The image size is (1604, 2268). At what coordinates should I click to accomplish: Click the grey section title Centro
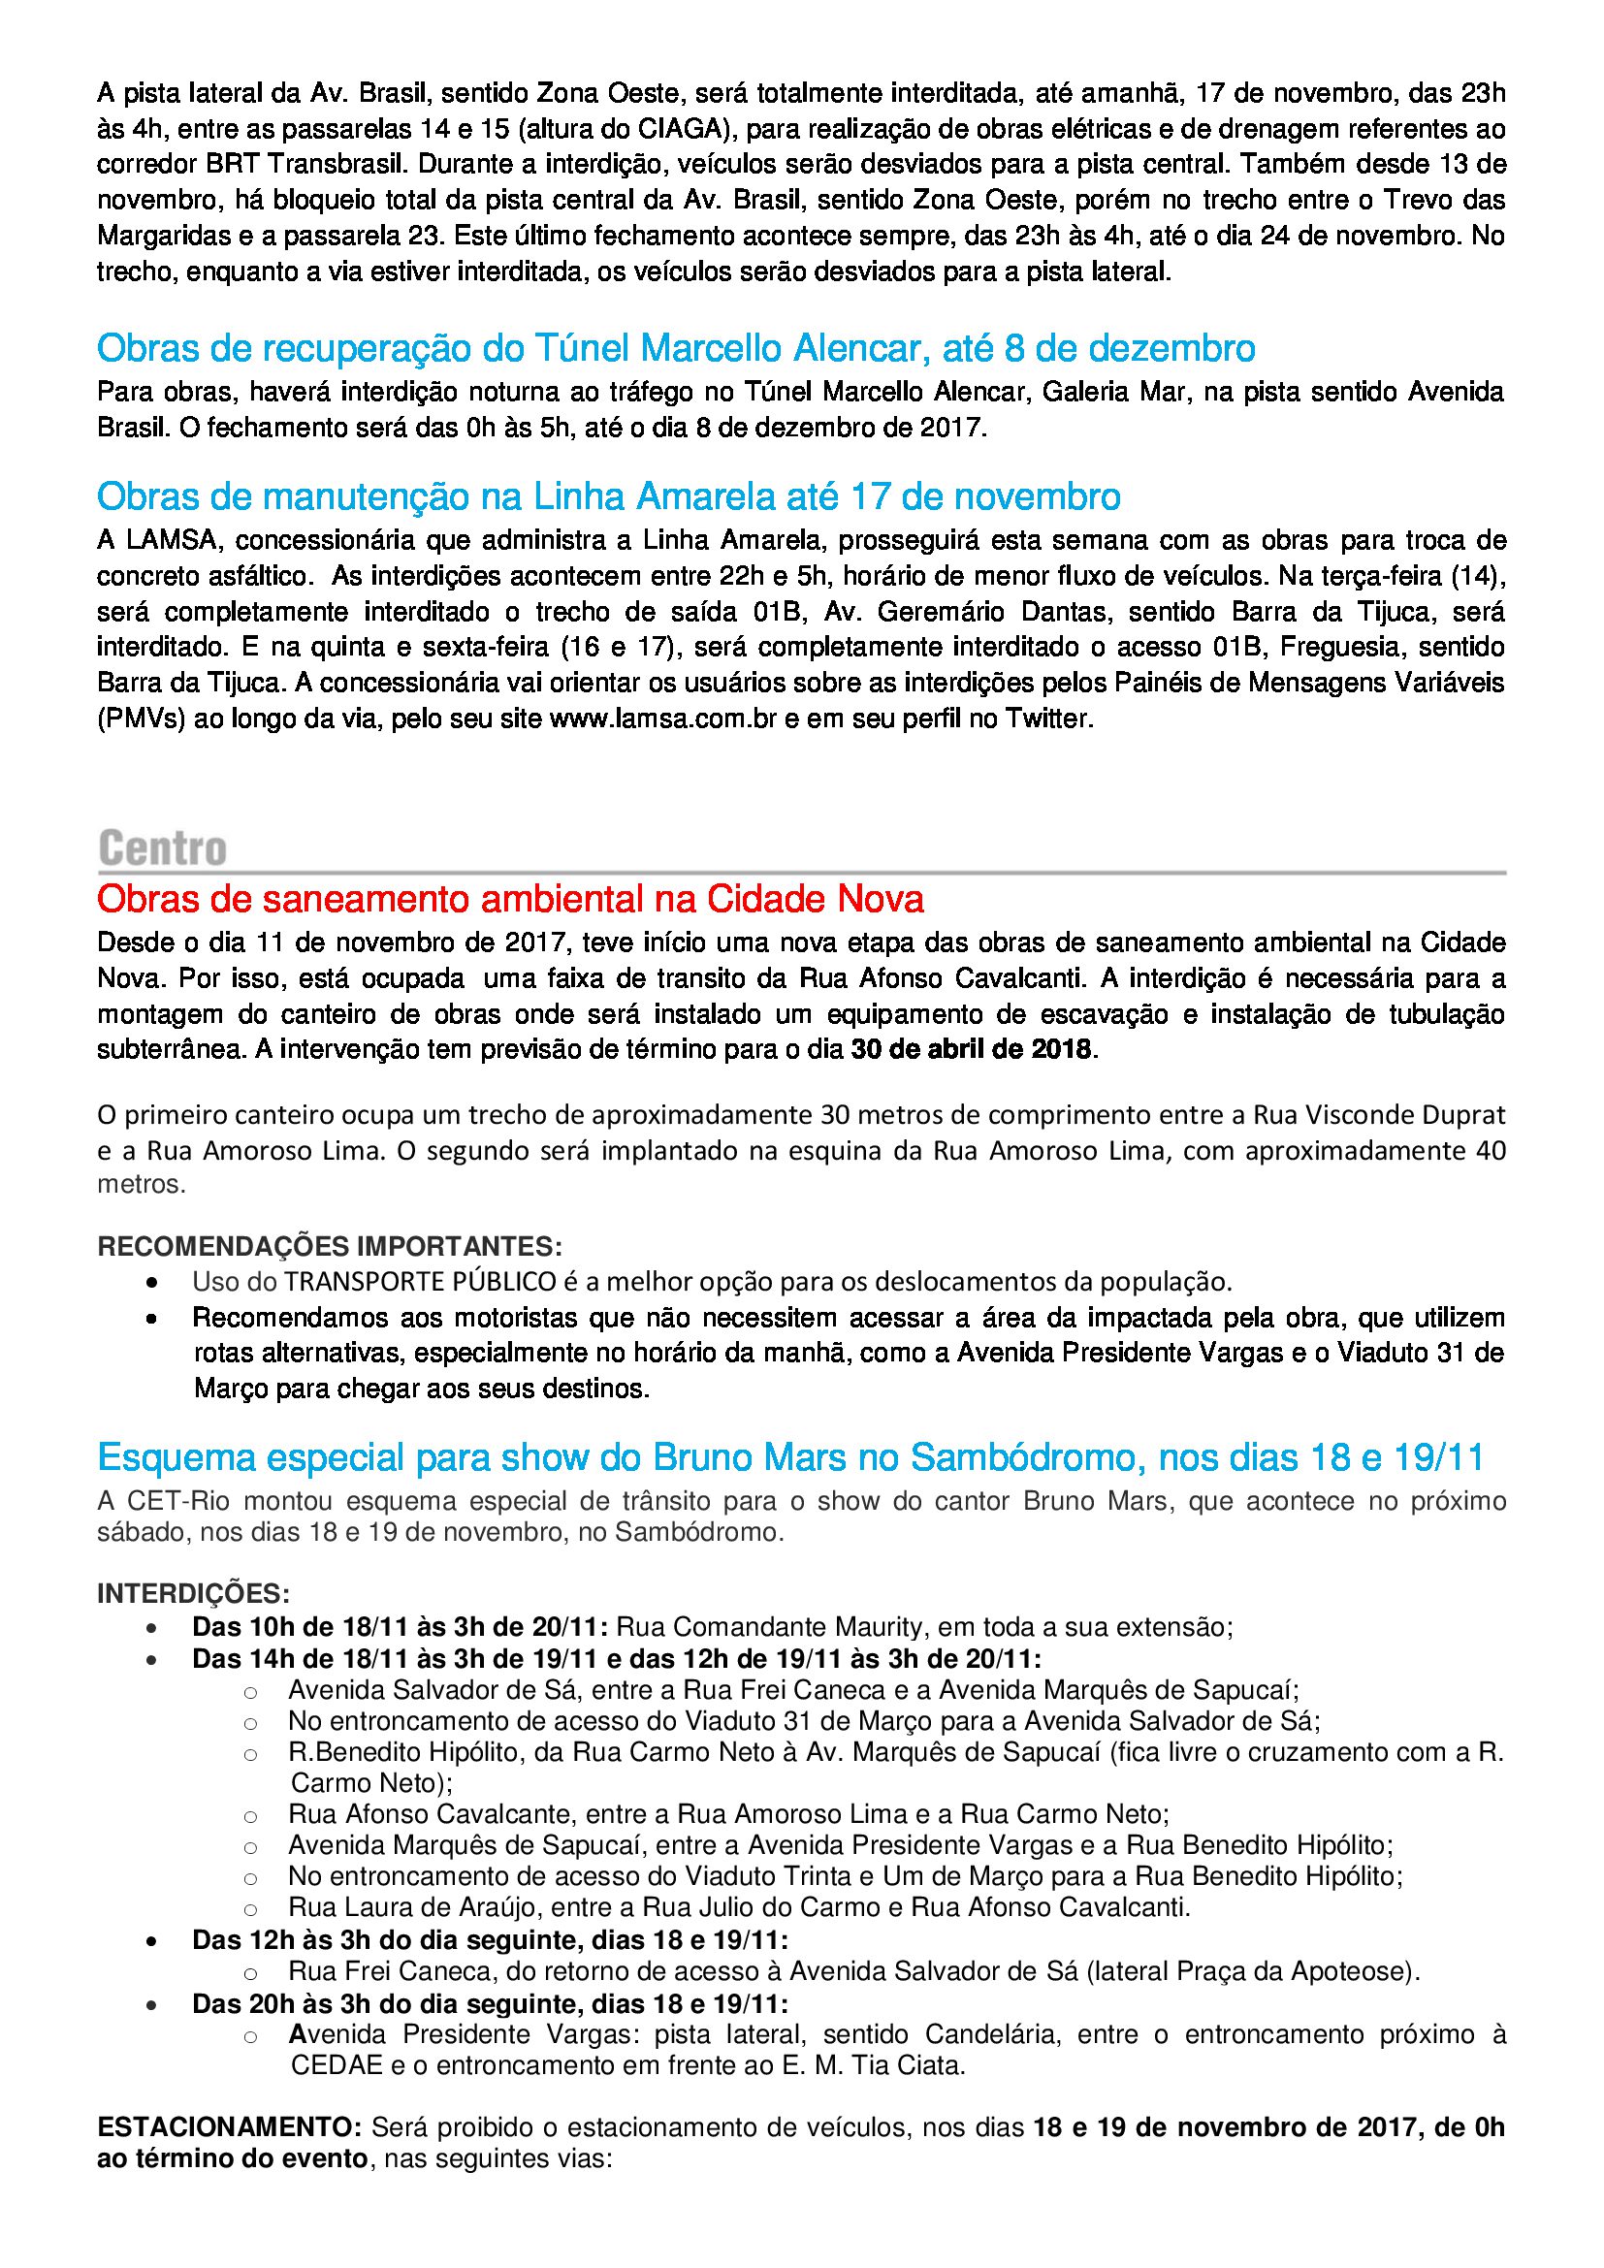(163, 848)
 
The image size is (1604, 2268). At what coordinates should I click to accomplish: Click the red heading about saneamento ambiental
(510, 899)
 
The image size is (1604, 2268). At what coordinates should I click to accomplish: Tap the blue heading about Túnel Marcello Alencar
(676, 349)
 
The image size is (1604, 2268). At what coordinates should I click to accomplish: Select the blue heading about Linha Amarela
(608, 495)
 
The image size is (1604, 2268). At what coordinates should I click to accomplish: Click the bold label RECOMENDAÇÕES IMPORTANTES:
(330, 1246)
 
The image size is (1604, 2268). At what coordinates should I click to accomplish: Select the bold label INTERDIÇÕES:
(194, 1593)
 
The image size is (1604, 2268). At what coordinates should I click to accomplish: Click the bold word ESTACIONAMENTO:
(230, 2126)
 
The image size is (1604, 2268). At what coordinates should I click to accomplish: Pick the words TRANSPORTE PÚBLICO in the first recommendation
(421, 1282)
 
